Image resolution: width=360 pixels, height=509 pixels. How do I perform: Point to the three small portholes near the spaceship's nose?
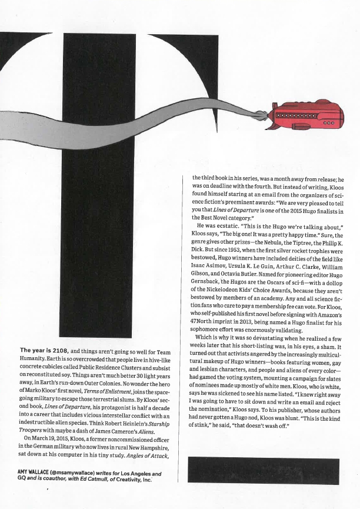pos(329,124)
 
